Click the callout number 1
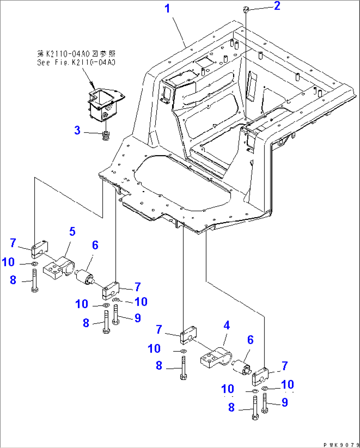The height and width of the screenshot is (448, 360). pyautogui.click(x=167, y=9)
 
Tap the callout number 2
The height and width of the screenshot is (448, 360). pyautogui.click(x=277, y=6)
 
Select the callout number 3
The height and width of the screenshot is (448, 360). pyautogui.click(x=77, y=130)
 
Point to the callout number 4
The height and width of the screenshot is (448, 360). pyautogui.click(x=227, y=326)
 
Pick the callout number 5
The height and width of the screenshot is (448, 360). pyautogui.click(x=72, y=232)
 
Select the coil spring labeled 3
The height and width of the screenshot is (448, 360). pyautogui.click(x=105, y=135)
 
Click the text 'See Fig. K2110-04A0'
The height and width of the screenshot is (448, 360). pyautogui.click(x=76, y=63)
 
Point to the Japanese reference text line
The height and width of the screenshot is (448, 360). pyautogui.click(x=76, y=53)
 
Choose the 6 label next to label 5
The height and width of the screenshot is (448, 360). pyautogui.click(x=95, y=245)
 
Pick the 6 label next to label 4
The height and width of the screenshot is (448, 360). pyautogui.click(x=250, y=340)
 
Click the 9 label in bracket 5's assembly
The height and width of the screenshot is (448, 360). pyautogui.click(x=138, y=318)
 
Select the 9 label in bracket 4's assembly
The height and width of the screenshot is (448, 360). pyautogui.click(x=284, y=402)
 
